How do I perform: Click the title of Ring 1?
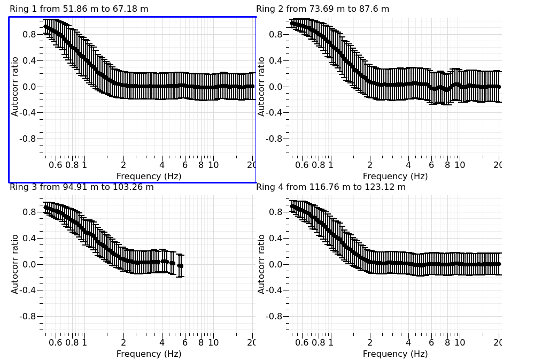pos(79,9)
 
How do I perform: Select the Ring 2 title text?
pos(322,9)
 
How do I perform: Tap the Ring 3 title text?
pos(82,187)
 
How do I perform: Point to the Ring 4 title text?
pos(331,187)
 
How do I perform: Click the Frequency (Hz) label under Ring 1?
pos(149,176)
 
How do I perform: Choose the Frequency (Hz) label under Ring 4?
pos(395,354)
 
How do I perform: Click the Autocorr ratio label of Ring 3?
pos(15,264)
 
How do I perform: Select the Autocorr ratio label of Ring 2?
pos(261,87)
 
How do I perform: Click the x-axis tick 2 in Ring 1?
pos(123,165)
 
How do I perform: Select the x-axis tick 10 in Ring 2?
pos(460,165)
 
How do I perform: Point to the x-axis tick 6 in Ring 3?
pos(185,342)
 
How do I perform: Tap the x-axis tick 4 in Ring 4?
pos(408,342)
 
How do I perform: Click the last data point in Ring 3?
pos(181,266)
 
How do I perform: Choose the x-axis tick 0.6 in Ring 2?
pos(303,165)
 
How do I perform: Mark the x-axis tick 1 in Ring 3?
pos(84,342)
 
